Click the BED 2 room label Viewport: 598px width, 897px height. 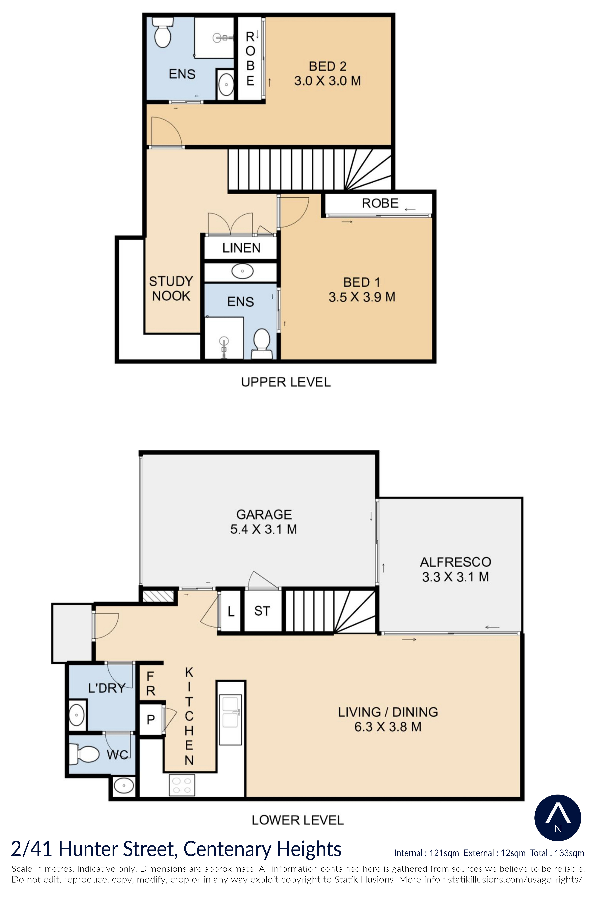coord(328,66)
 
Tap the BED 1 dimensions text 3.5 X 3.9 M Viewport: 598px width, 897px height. coord(362,297)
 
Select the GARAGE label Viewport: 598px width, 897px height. coord(264,515)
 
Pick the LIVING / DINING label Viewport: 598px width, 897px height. coord(388,712)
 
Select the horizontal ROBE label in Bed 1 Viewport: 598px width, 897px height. coord(380,203)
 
